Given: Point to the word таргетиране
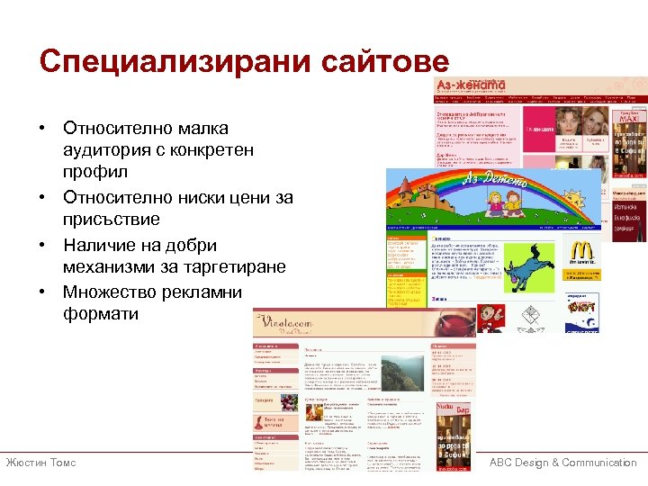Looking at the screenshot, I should (231, 267).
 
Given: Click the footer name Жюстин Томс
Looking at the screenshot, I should (41, 463).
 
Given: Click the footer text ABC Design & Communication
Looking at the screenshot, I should (562, 463).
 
